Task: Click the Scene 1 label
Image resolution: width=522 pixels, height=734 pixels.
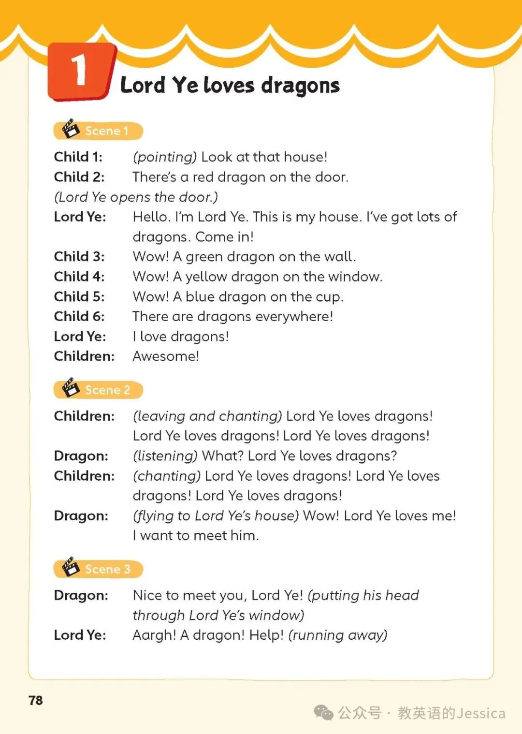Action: (x=106, y=131)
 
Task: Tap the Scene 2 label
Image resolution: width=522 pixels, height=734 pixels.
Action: (x=107, y=390)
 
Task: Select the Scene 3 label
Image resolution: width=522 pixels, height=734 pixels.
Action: (x=107, y=569)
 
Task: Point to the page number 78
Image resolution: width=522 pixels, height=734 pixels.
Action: (x=36, y=701)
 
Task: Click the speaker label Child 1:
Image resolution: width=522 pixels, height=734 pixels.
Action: (x=78, y=157)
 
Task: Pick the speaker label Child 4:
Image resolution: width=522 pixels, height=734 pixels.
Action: (x=79, y=277)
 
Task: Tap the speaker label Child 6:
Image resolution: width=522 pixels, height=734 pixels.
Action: (x=79, y=316)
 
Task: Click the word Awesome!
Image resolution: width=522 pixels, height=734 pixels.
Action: (x=166, y=356)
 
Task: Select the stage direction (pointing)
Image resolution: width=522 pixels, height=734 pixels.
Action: (x=165, y=157)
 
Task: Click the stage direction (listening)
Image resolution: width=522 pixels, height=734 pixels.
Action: (x=165, y=456)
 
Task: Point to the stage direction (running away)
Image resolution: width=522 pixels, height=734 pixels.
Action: (x=338, y=635)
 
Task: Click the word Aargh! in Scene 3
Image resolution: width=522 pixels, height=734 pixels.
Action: (x=154, y=635)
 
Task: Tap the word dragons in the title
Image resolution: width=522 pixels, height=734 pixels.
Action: (x=300, y=86)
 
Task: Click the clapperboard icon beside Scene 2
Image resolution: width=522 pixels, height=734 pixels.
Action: (x=71, y=388)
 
